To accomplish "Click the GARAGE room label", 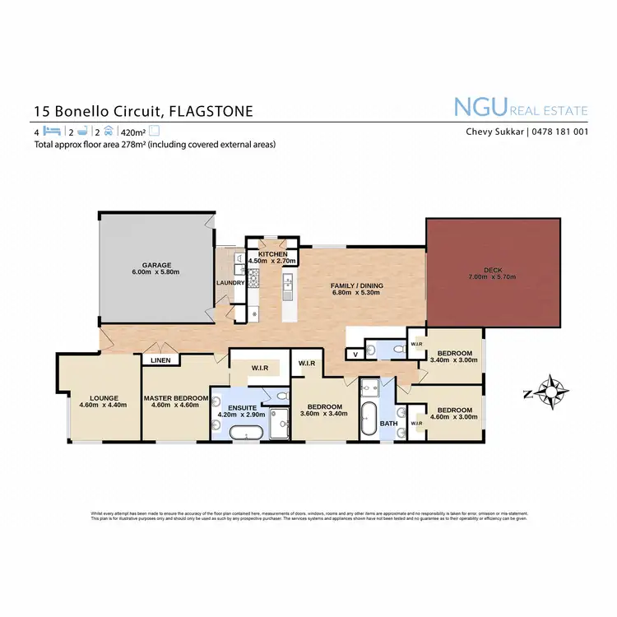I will pos(155,265).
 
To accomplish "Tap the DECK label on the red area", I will pos(493,269).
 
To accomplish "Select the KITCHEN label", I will pos(273,254).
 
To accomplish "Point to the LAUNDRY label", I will pos(230,283).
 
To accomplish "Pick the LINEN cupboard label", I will pos(161,360).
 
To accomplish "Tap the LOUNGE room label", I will pos(100,397).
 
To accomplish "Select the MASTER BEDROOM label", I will pos(174,397).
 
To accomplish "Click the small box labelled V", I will pos(355,355).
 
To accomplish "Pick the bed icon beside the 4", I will pos(52,131).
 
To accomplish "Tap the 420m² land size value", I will pos(132,131).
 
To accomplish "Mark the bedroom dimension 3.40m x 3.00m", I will pos(454,360).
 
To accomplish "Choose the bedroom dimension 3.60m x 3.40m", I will pos(325,414).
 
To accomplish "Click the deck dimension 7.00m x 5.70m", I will pos(493,277).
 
